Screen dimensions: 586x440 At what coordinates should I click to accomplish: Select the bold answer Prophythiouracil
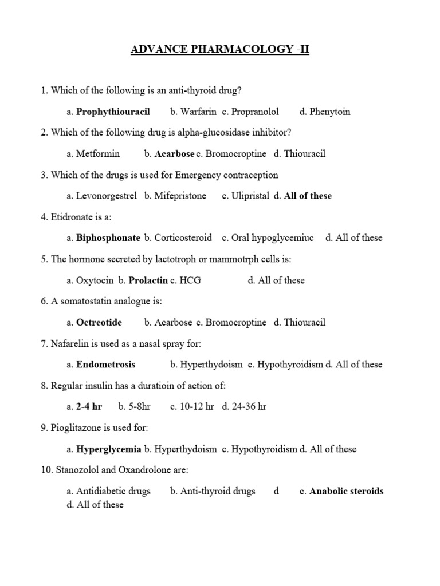pyautogui.click(x=113, y=112)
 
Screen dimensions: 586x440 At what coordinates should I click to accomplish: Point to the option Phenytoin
pyautogui.click(x=329, y=112)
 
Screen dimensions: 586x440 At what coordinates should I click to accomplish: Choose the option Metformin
pyautogui.click(x=98, y=153)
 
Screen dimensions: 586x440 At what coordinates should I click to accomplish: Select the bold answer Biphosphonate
pyautogui.click(x=108, y=237)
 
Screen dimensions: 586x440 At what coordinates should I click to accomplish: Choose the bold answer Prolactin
pyautogui.click(x=148, y=280)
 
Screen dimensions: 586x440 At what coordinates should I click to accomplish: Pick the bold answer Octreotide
pyautogui.click(x=99, y=322)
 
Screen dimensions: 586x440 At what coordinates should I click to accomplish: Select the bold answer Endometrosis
pyautogui.click(x=106, y=364)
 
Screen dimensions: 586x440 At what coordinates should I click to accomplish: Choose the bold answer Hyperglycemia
pyautogui.click(x=109, y=449)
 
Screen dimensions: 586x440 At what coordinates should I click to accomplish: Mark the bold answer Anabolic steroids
pyautogui.click(x=347, y=491)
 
